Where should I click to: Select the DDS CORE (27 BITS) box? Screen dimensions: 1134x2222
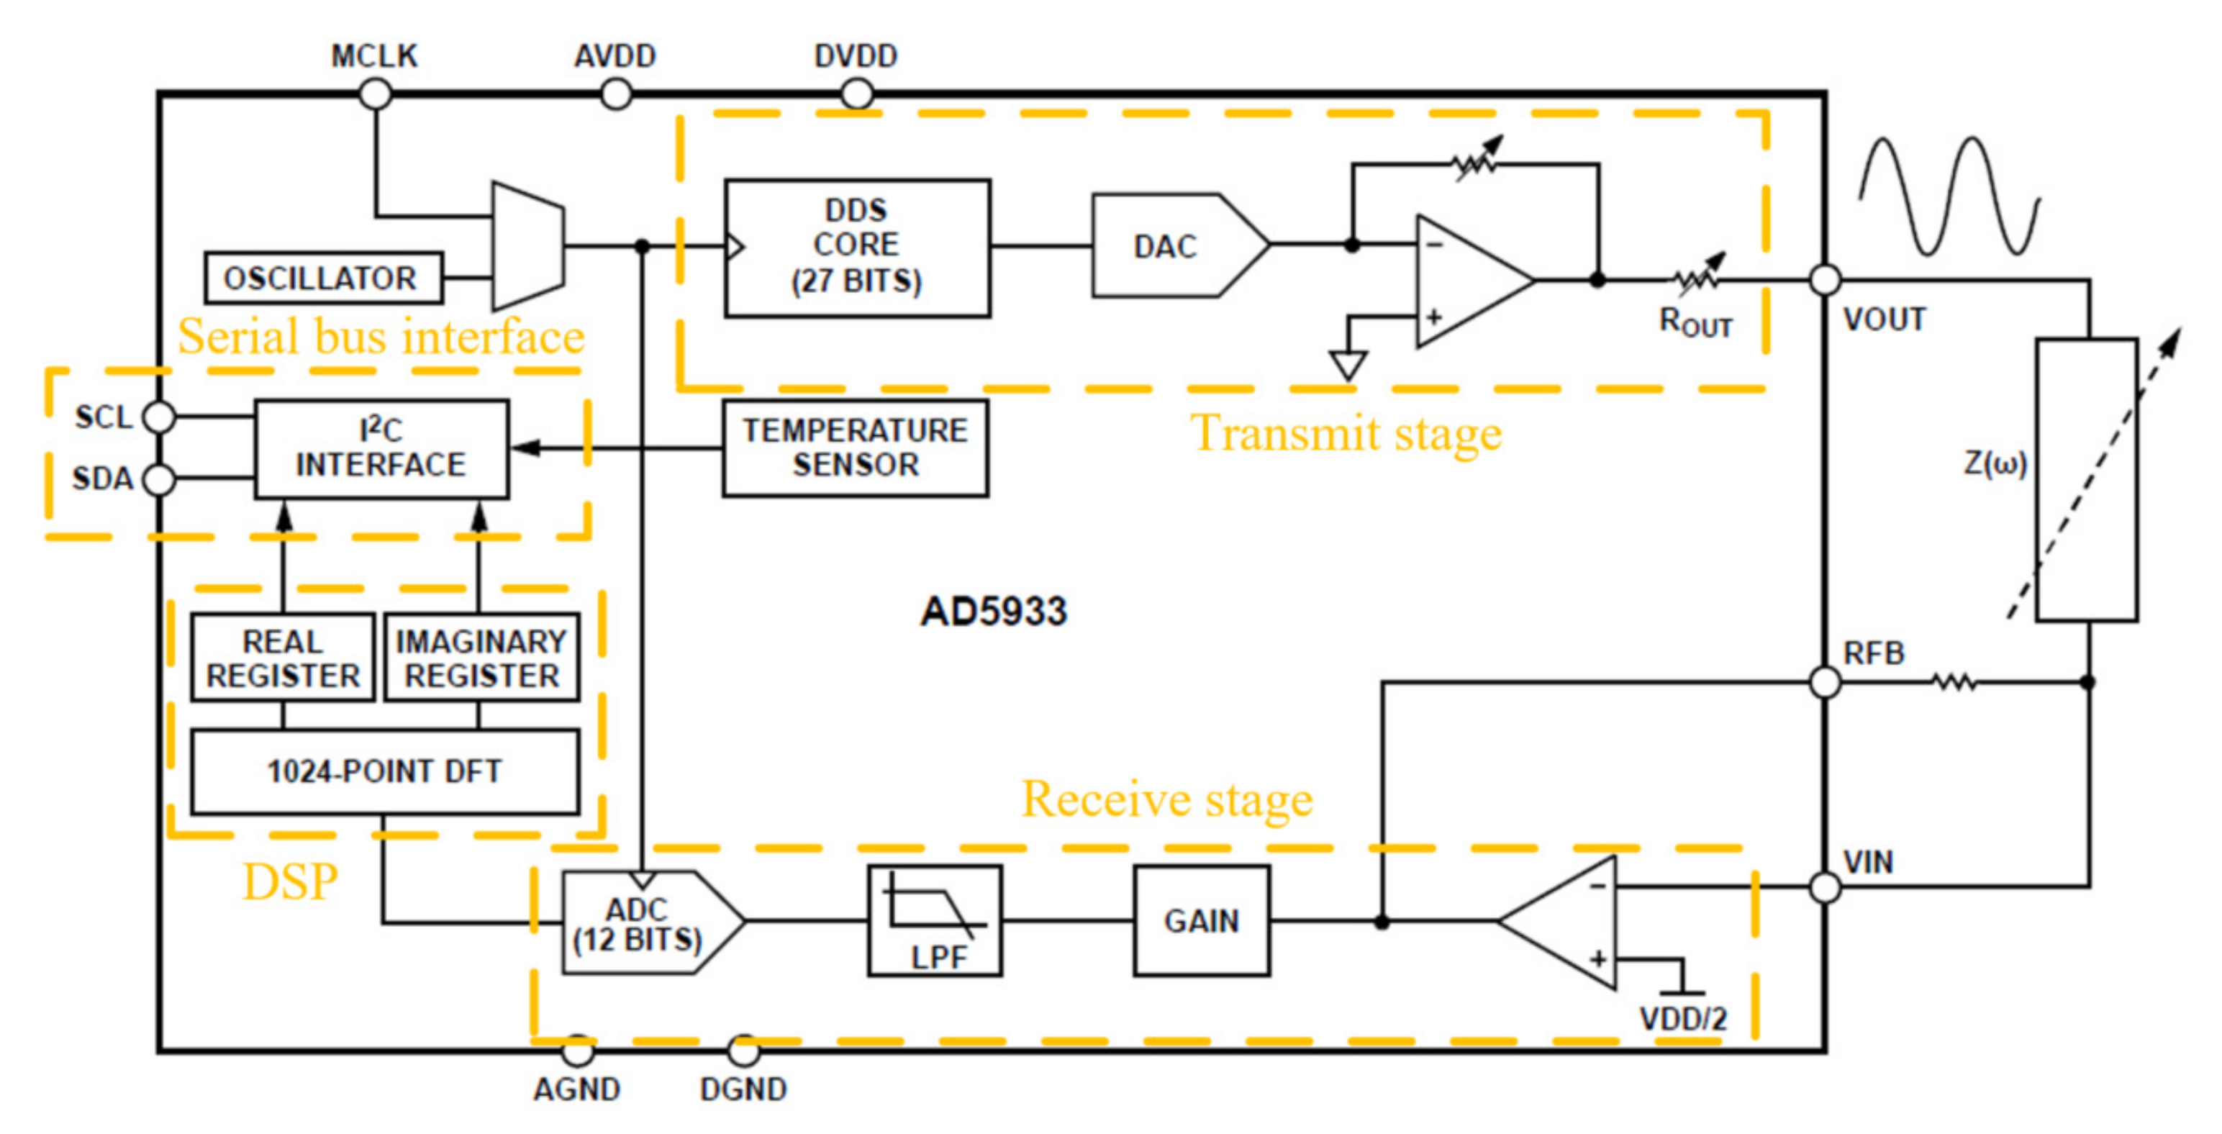(x=856, y=248)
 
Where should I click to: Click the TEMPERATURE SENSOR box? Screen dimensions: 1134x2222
(x=855, y=448)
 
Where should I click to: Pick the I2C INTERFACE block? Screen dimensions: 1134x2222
(x=381, y=448)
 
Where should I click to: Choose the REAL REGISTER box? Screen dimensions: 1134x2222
(x=283, y=658)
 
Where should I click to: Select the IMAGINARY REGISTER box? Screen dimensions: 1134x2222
(x=481, y=658)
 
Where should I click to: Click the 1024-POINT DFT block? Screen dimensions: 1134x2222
(x=385, y=771)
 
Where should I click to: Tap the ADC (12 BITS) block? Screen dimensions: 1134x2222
(x=643, y=922)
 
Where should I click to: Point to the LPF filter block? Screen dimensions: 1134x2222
(x=935, y=921)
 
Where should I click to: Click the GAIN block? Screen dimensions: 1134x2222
(x=1202, y=921)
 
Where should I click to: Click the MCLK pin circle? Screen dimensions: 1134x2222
(x=375, y=93)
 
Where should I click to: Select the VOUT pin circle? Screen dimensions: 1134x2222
(x=1826, y=279)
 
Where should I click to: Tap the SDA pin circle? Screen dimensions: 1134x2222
(x=159, y=479)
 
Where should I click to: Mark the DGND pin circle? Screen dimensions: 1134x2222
(x=743, y=1051)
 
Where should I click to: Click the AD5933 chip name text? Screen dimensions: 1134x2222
(x=994, y=612)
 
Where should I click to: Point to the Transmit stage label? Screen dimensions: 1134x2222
(x=1346, y=433)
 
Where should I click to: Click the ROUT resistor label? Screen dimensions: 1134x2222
(x=1696, y=322)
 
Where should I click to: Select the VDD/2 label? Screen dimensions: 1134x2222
(x=1683, y=1020)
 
